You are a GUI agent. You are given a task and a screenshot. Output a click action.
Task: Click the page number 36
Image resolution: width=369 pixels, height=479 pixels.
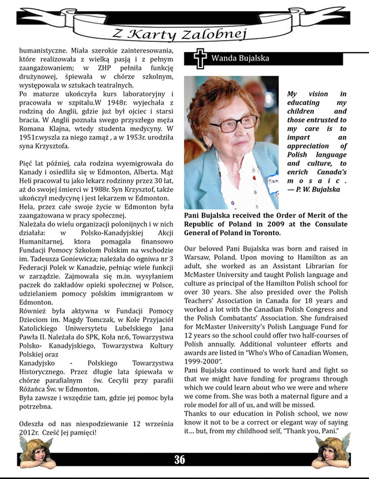click(180, 460)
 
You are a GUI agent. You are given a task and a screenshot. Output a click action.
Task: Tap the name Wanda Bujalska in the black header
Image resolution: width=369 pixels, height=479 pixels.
click(240, 59)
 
